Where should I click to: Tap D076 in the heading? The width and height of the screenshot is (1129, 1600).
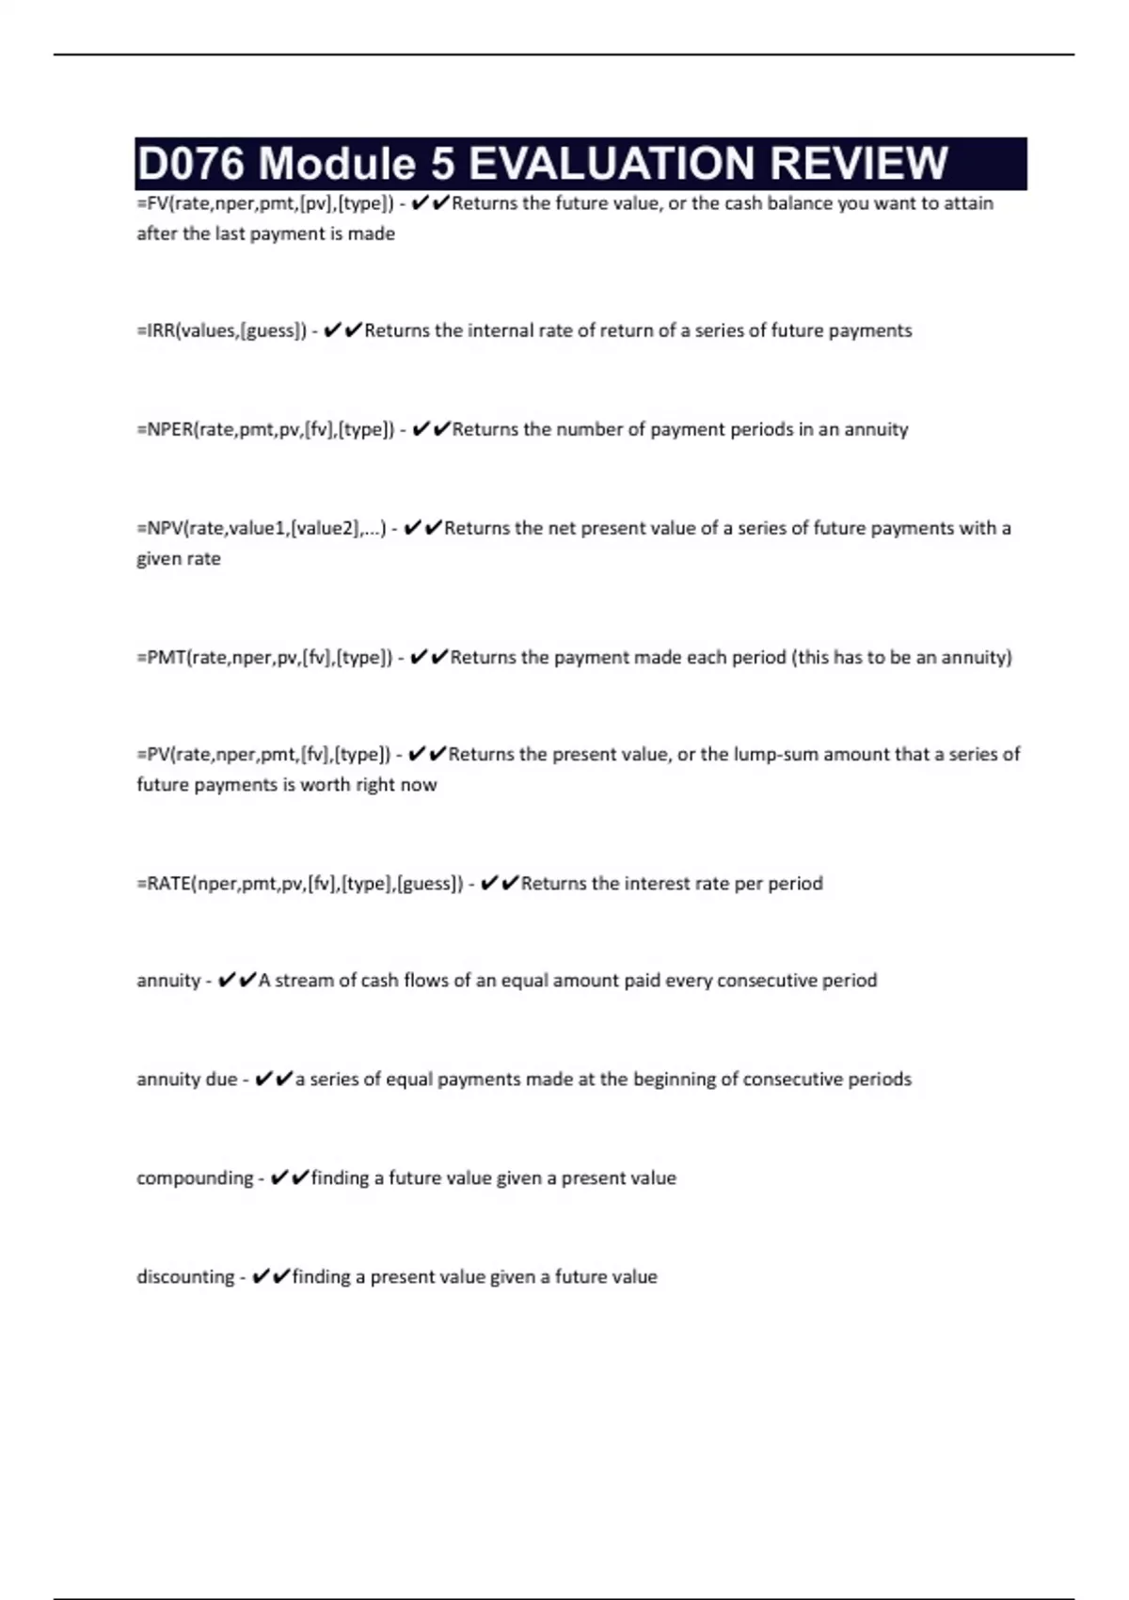coord(191,164)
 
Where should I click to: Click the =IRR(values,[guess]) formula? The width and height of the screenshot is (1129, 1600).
coord(221,330)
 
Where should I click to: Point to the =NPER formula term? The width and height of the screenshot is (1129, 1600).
coord(265,429)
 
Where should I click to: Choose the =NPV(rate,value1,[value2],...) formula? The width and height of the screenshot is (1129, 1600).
coord(261,528)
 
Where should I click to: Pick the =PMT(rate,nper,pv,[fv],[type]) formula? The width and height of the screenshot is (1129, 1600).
coord(264,657)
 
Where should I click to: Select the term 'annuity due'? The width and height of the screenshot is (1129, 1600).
coord(186,1079)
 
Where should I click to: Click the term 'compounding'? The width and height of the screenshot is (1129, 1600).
coord(195,1177)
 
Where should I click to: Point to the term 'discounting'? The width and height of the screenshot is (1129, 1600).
coord(185,1276)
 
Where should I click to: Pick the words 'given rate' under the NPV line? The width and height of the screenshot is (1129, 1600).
coord(179,558)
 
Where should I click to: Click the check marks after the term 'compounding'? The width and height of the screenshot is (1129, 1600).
coord(289,1177)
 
